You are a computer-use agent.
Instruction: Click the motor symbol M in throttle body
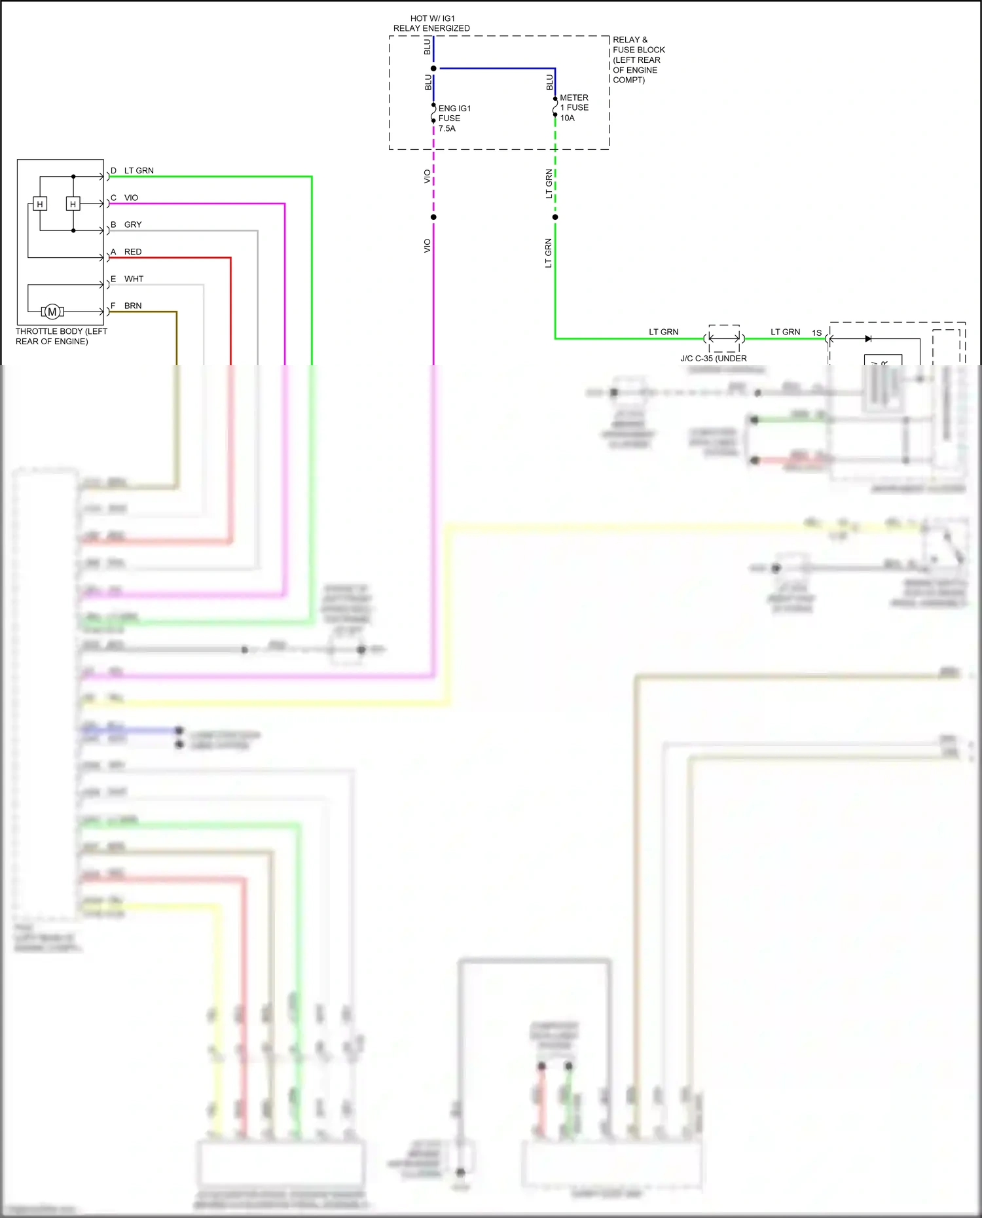pyautogui.click(x=52, y=312)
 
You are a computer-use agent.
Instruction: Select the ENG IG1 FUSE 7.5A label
pyautogui.click(x=454, y=118)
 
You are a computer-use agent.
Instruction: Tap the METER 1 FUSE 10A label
pyautogui.click(x=574, y=108)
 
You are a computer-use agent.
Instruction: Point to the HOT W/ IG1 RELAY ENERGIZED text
pyautogui.click(x=431, y=24)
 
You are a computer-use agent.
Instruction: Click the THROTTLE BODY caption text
pyautogui.click(x=61, y=336)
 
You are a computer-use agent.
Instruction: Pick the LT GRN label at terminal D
pyautogui.click(x=139, y=171)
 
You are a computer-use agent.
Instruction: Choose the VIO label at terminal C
pyautogui.click(x=131, y=198)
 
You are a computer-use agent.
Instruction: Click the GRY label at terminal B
pyautogui.click(x=133, y=224)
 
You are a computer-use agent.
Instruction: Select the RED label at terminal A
pyautogui.click(x=133, y=252)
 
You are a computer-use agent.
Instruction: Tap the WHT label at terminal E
pyautogui.click(x=134, y=279)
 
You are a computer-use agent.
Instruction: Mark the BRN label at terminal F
pyautogui.click(x=133, y=306)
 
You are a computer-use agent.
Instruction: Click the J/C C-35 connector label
pyautogui.click(x=713, y=359)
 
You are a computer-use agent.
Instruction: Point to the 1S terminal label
pyautogui.click(x=816, y=333)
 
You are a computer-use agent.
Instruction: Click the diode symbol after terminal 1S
pyautogui.click(x=868, y=339)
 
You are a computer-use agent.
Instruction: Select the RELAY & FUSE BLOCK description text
pyautogui.click(x=638, y=60)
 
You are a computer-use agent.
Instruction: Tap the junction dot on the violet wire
pyautogui.click(x=433, y=217)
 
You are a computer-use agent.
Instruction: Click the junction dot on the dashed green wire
pyautogui.click(x=555, y=217)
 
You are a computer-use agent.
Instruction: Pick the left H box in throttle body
pyautogui.click(x=40, y=204)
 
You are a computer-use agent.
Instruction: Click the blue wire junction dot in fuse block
pyautogui.click(x=433, y=69)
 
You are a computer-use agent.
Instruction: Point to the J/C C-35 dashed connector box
pyautogui.click(x=724, y=338)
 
